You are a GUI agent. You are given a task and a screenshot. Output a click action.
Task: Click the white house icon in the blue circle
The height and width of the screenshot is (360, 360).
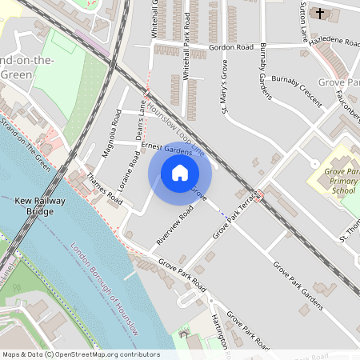(x=180, y=173)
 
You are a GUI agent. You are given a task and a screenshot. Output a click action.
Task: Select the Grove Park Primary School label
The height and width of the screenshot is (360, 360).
(x=343, y=182)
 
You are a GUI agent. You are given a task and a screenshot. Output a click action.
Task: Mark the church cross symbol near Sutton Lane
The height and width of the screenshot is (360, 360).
(x=320, y=14)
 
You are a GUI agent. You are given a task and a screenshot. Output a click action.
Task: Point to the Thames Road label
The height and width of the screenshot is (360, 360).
(x=104, y=189)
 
